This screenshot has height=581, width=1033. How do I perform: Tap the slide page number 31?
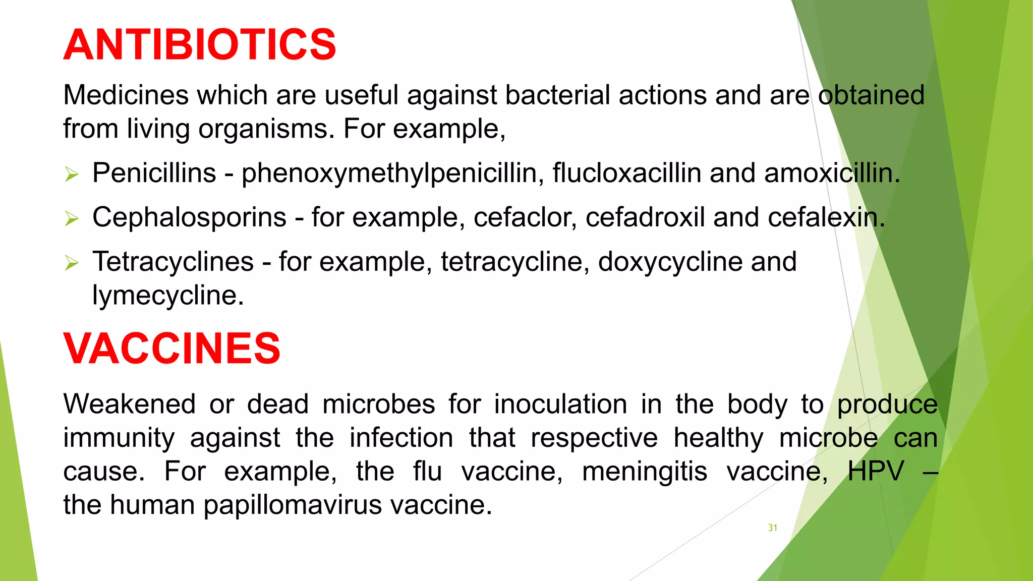772,528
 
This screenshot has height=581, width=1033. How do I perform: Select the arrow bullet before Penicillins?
72,175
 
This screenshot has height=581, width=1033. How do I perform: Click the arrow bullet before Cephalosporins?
72,218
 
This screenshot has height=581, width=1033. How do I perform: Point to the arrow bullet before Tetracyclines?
72,263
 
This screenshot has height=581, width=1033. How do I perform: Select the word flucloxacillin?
626,173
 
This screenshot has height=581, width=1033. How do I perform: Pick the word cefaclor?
525,217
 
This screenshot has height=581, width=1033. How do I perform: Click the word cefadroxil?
645,217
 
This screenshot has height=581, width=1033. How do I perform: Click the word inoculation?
560,404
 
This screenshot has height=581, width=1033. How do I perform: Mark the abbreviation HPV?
876,472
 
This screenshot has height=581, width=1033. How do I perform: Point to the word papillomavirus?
293,505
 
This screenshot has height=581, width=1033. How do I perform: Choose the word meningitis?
645,472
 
